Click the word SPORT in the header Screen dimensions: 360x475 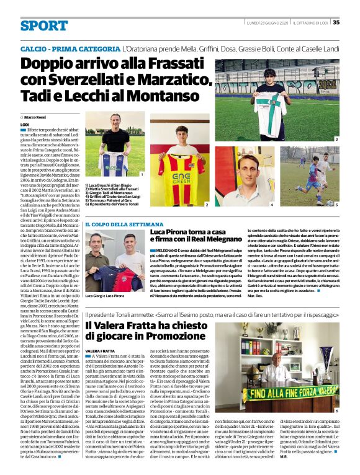pyautogui.click(x=43, y=26)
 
